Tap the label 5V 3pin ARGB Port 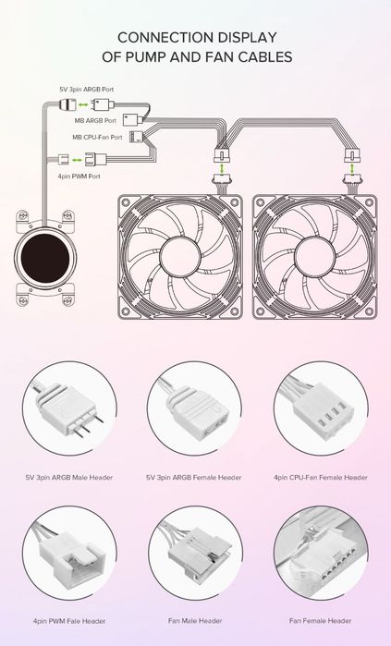pos(87,90)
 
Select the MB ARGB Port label pos(95,121)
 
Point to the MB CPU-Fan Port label pos(97,137)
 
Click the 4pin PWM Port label pos(79,177)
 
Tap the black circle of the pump pos(45,258)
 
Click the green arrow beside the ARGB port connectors pos(83,105)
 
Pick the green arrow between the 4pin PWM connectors pos(77,160)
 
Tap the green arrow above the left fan pos(222,168)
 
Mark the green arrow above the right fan pos(352,168)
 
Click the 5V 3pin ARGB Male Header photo pos(69,408)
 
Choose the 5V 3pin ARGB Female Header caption pos(193,478)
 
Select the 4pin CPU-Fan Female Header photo pos(321,408)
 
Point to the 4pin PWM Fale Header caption pos(69,621)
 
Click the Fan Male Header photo pos(195,553)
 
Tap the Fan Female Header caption pos(320,620)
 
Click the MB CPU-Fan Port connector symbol pos(136,137)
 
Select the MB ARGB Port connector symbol pos(133,120)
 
